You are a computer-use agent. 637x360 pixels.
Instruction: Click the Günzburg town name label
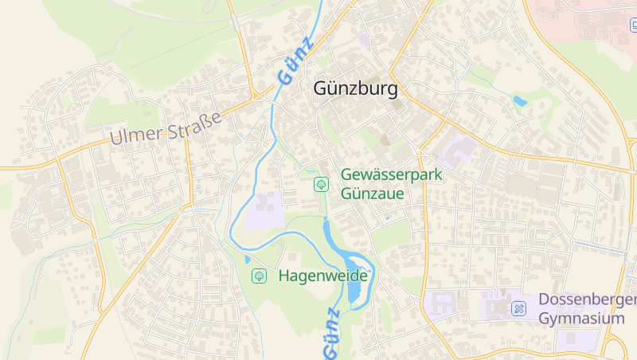(355, 88)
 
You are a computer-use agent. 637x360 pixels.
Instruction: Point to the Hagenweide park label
(322, 276)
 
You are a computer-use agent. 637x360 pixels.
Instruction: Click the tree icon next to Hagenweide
(259, 276)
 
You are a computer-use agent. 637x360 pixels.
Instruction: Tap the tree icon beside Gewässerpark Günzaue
(321, 184)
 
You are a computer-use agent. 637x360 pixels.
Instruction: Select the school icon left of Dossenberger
(519, 308)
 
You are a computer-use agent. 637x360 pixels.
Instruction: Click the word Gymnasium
(581, 318)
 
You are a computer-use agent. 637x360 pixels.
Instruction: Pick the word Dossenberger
(588, 299)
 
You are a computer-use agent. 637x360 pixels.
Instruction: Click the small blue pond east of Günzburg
(520, 101)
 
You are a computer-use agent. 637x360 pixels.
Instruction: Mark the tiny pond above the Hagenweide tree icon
(248, 259)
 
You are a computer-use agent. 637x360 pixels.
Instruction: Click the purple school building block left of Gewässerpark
(264, 209)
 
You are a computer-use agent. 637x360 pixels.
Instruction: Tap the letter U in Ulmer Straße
(117, 137)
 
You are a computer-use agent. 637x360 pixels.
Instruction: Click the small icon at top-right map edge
(634, 25)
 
